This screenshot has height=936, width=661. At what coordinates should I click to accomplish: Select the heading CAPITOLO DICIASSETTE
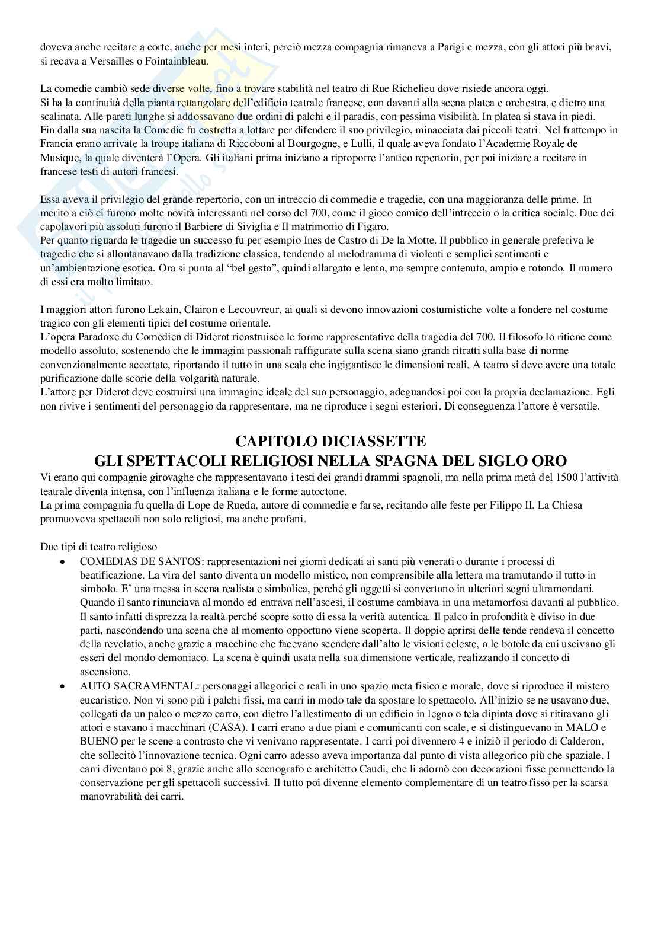coord(330,441)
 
